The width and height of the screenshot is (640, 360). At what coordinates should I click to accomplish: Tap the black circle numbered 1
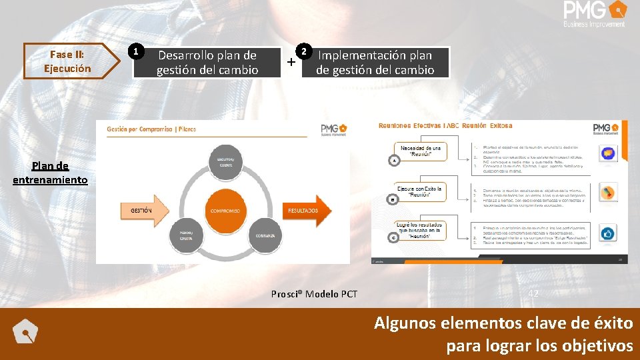pyautogui.click(x=135, y=51)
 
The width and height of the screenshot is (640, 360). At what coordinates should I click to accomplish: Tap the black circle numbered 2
pyautogui.click(x=303, y=51)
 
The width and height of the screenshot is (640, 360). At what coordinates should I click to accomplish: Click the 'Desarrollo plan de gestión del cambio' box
pyautogui.click(x=207, y=63)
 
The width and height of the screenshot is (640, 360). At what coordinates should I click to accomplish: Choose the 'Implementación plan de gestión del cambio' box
pyautogui.click(x=375, y=63)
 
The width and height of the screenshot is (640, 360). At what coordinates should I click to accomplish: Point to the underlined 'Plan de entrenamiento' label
pyautogui.click(x=50, y=173)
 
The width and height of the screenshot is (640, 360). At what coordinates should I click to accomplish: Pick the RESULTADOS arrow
pyautogui.click(x=307, y=211)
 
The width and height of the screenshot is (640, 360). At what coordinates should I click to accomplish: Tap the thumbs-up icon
pyautogui.click(x=607, y=233)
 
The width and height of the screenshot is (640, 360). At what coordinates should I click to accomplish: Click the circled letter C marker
pyautogui.click(x=393, y=237)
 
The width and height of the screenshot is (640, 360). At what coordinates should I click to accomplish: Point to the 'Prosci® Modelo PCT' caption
pyautogui.click(x=314, y=294)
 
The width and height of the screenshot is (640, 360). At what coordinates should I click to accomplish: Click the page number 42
pyautogui.click(x=533, y=293)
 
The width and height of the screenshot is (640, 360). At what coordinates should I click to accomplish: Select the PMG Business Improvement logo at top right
pyautogui.click(x=594, y=14)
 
